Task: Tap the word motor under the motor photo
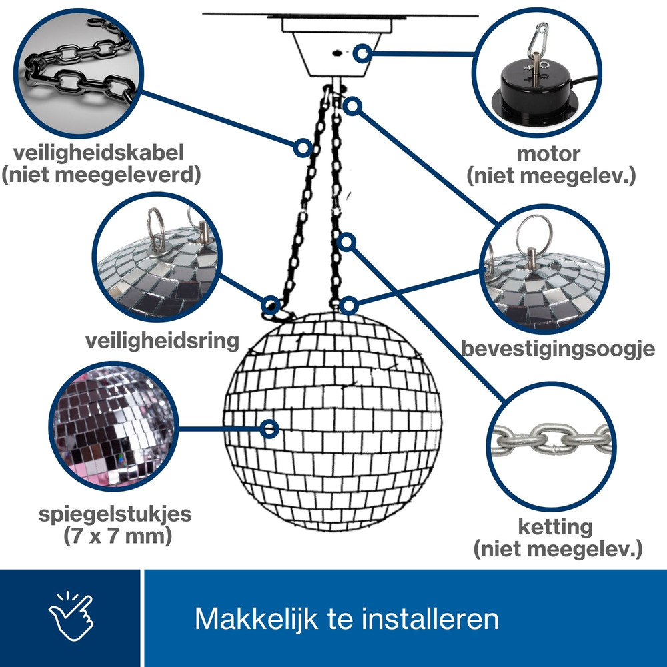point(548,153)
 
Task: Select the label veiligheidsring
point(163,341)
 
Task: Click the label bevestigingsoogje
point(558,348)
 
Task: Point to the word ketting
point(555,527)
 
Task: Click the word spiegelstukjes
point(115,514)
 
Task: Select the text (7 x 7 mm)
point(118,536)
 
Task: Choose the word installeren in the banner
point(430,618)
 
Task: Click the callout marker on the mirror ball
point(269,428)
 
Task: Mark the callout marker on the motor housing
point(362,53)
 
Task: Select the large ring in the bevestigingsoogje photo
point(534,235)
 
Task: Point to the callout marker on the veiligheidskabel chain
point(303,147)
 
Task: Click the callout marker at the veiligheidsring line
point(271,305)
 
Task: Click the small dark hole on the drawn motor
point(337,53)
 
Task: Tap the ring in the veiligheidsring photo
point(156,229)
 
